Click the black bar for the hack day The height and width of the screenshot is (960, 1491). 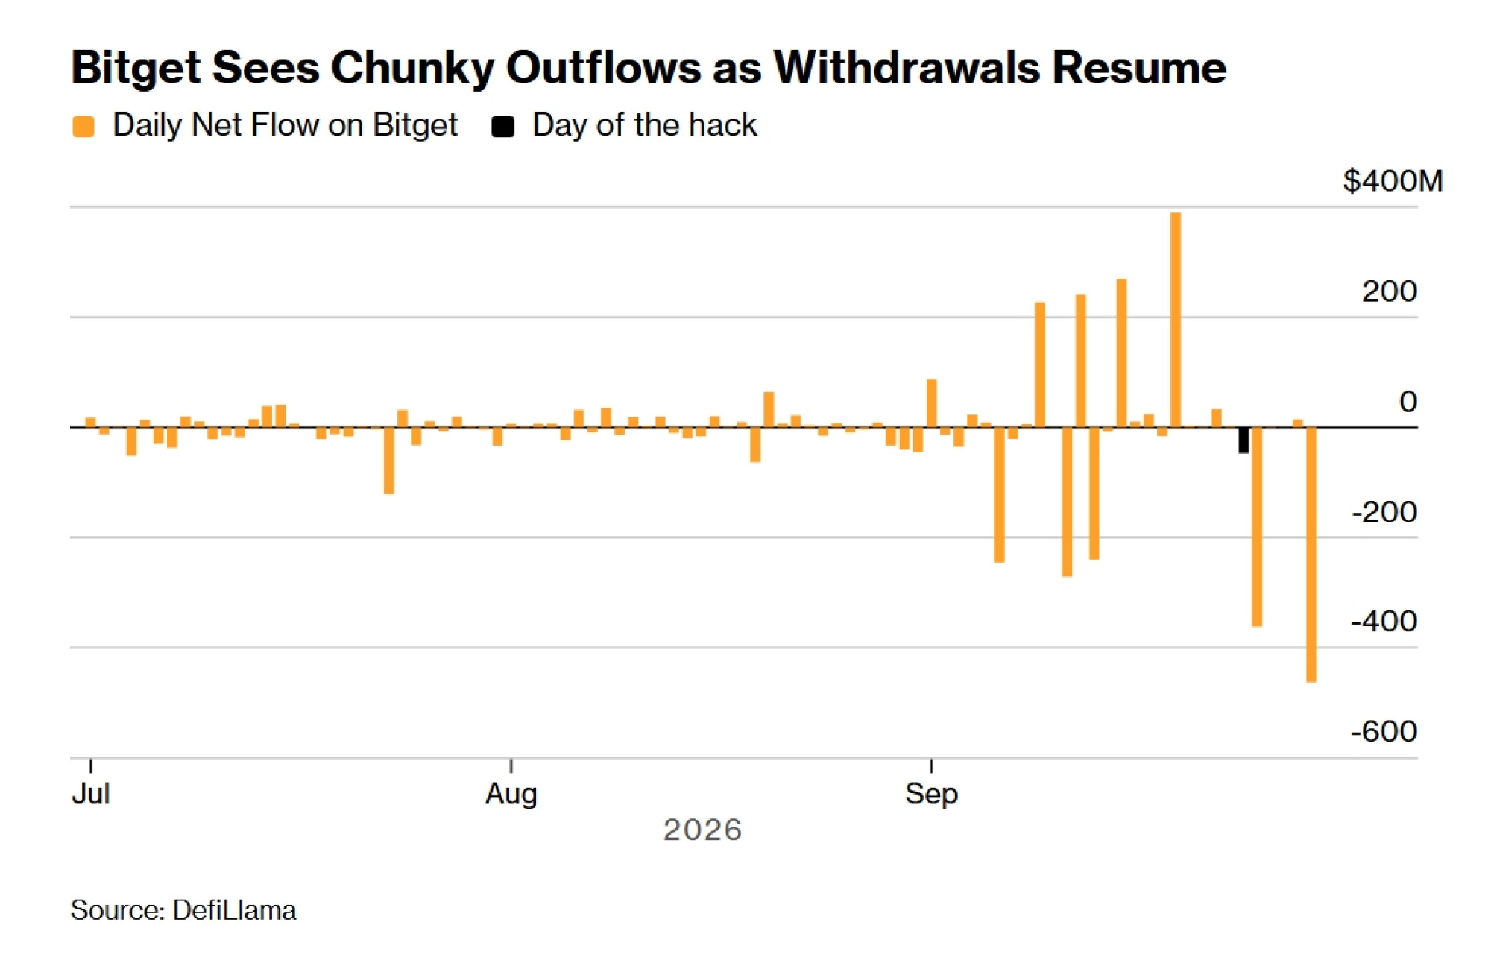(1243, 440)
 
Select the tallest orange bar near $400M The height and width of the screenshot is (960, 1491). (1176, 320)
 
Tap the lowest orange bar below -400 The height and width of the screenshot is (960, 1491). (1311, 555)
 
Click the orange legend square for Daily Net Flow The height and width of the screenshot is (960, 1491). (83, 127)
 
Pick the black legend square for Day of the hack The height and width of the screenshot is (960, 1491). (503, 127)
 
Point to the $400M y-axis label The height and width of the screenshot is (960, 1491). (1393, 181)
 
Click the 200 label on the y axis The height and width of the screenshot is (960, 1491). (1390, 291)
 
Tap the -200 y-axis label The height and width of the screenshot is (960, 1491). (1384, 512)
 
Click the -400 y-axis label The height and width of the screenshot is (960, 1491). (1384, 621)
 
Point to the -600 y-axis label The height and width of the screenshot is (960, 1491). (1384, 731)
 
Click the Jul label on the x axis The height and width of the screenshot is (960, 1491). (91, 794)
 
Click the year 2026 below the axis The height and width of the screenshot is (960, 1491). (703, 830)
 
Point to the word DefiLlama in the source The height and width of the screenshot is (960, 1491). (234, 910)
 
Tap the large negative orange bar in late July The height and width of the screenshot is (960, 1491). (389, 461)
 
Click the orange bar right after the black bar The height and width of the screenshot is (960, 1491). (1257, 527)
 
